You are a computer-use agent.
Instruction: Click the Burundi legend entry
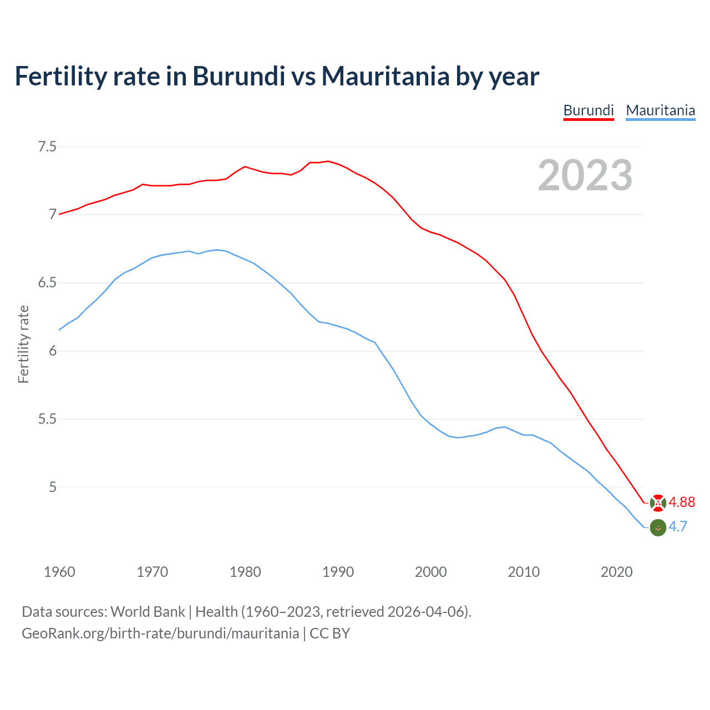click(x=589, y=110)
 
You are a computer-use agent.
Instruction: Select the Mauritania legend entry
click(x=660, y=110)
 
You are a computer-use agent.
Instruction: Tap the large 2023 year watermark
click(x=585, y=175)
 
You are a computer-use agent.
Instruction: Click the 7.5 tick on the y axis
click(x=47, y=147)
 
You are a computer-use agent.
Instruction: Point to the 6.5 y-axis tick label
click(x=47, y=283)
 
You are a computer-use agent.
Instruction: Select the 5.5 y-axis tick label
click(x=47, y=419)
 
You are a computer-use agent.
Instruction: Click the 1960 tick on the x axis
click(x=59, y=572)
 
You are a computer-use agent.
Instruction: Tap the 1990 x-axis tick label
click(x=338, y=572)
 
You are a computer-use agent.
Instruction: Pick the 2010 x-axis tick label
click(x=524, y=572)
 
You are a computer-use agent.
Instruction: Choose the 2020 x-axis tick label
click(x=616, y=572)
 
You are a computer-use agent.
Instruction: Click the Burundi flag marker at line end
click(x=657, y=503)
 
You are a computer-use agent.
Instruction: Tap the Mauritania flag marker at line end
click(x=657, y=528)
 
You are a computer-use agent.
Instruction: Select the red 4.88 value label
click(x=682, y=502)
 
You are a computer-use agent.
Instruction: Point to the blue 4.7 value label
click(x=678, y=527)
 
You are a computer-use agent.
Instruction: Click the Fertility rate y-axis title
click(x=23, y=344)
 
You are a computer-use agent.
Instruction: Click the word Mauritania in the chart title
click(x=385, y=77)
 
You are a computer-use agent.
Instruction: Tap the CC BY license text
click(x=329, y=633)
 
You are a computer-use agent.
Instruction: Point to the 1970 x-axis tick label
click(x=152, y=572)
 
